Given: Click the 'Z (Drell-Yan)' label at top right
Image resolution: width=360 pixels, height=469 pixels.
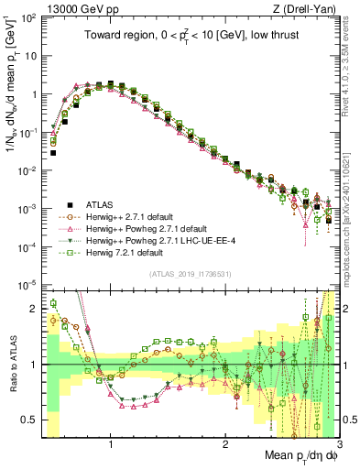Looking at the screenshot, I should point(298,7).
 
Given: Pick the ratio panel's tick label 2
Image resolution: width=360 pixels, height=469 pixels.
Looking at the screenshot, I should point(32,309).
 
